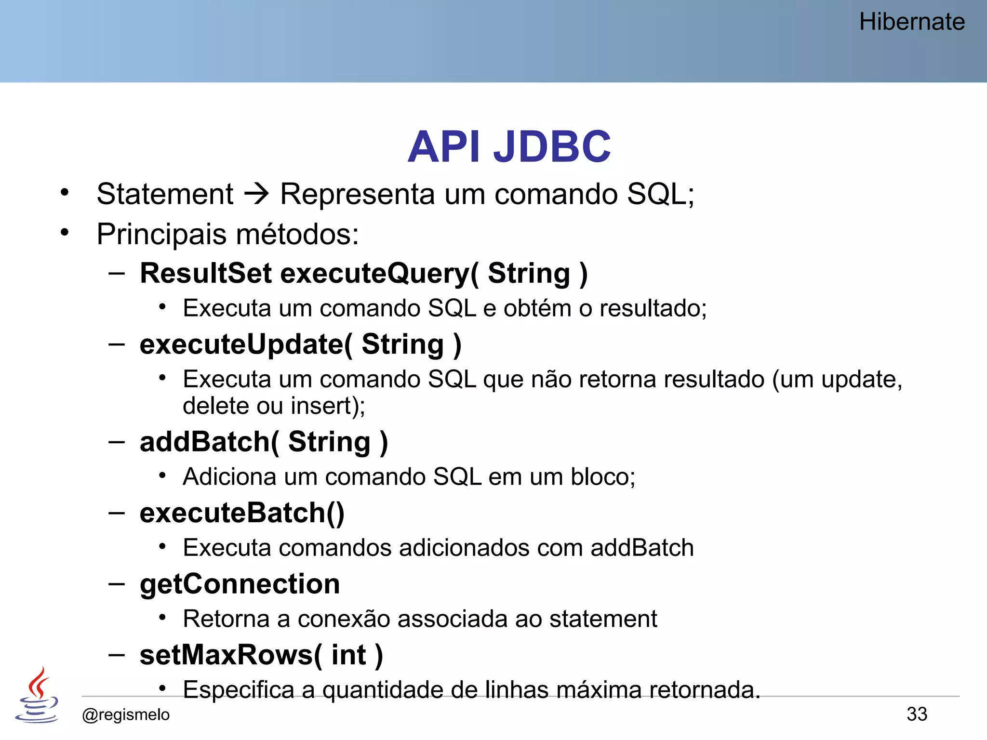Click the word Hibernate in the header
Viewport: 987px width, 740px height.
tap(911, 22)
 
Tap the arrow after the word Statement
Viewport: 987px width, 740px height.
tap(256, 194)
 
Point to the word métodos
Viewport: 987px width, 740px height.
tap(297, 235)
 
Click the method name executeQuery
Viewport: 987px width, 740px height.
tap(379, 273)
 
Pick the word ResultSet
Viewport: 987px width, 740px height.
tap(206, 273)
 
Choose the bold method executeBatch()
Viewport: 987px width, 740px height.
tap(242, 513)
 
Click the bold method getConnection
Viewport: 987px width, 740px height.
tap(240, 584)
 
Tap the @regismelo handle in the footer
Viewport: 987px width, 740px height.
tap(126, 714)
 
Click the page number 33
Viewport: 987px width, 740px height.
tap(917, 714)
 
